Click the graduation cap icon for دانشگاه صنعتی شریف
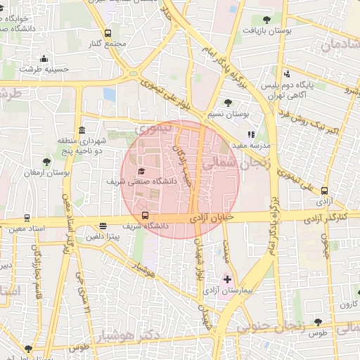click(141, 171)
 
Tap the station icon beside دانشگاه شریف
click(146, 215)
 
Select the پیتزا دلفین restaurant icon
click(103, 226)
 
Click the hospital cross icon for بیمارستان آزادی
click(227, 279)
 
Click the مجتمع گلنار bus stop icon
click(108, 33)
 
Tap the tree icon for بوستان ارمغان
click(46, 162)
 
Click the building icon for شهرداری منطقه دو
click(82, 131)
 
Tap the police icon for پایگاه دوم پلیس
click(287, 74)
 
